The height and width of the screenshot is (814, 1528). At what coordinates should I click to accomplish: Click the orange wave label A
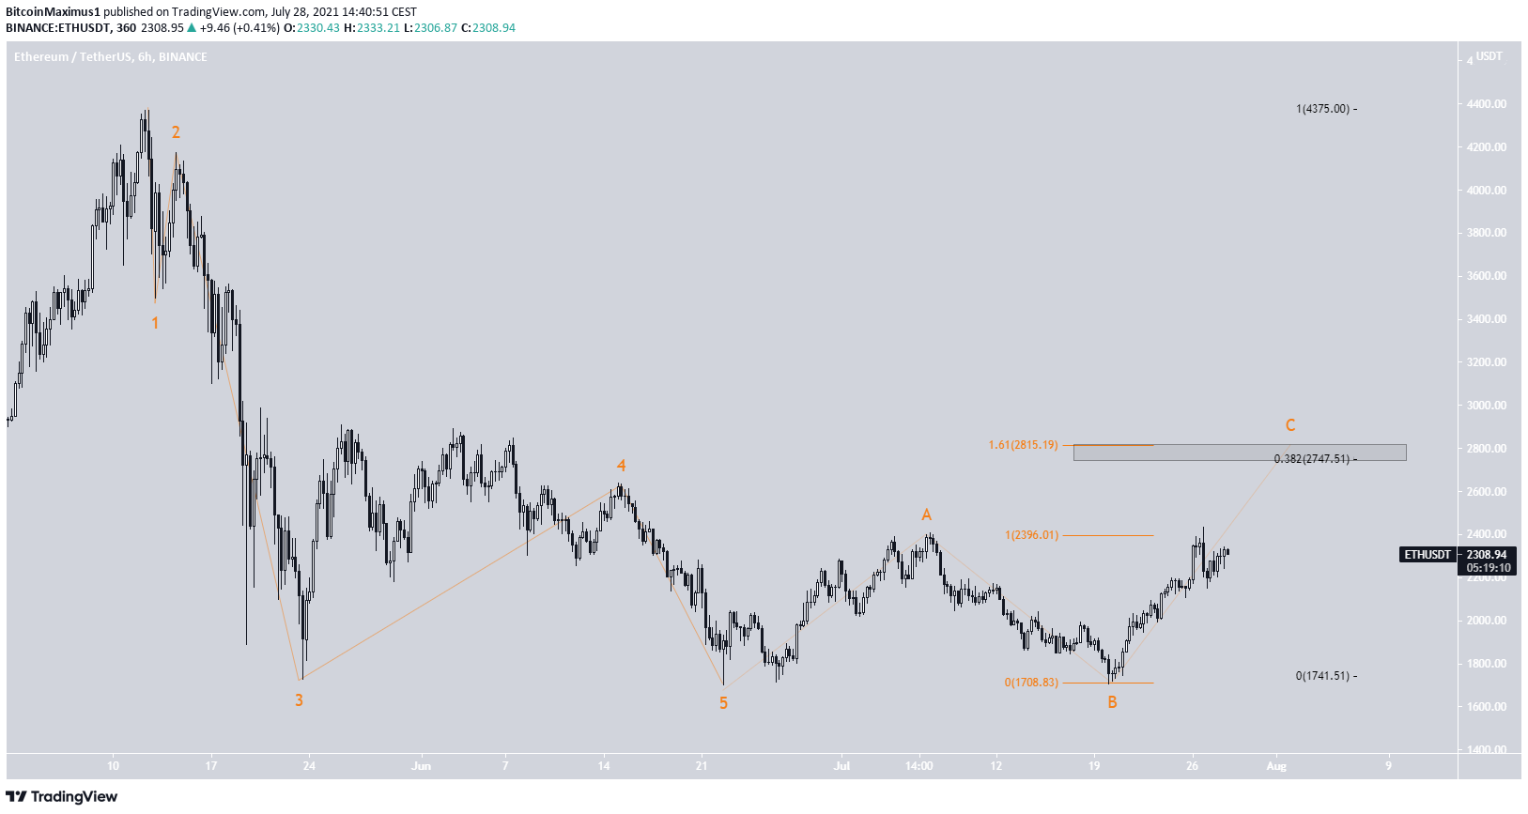pos(926,515)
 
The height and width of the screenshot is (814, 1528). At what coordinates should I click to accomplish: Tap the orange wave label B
pos(1112,702)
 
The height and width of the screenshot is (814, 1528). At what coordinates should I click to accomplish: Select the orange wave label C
pos(1290,425)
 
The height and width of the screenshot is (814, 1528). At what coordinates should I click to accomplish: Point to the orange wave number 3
pos(299,700)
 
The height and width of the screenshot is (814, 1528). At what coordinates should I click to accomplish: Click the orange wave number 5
pos(723,703)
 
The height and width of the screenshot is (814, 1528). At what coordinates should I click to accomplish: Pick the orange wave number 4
pos(621,466)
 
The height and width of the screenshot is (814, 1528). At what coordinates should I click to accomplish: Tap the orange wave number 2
pos(176,133)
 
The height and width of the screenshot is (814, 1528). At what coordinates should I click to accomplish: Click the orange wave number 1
pos(155,323)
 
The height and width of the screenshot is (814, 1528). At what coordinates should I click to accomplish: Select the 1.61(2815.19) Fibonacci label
pos(1023,445)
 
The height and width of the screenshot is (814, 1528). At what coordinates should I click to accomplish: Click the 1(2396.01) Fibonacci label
pos(1031,535)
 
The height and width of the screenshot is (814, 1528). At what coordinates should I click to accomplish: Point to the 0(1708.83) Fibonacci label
pos(1031,683)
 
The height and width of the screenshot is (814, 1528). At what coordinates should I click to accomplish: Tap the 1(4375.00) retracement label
pos(1322,109)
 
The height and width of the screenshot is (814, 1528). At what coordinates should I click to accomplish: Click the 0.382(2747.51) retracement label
pos(1311,459)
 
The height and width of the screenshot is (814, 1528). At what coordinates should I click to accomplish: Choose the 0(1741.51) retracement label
pos(1322,676)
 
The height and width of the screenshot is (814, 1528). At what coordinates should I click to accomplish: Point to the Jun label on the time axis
pos(421,766)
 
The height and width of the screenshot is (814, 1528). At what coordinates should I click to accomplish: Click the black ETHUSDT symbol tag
pos(1428,555)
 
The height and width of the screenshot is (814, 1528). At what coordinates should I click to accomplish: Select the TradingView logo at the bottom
pos(62,797)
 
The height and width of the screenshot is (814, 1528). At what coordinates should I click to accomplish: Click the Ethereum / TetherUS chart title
pos(111,57)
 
